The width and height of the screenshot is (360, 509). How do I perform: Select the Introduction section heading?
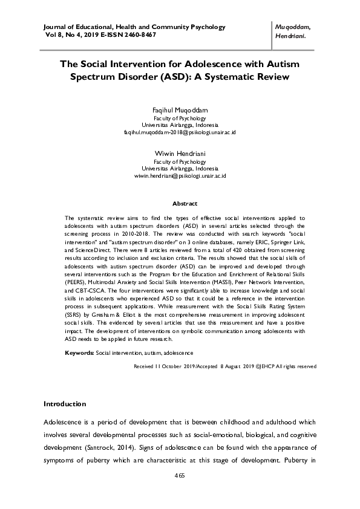(x=65, y=404)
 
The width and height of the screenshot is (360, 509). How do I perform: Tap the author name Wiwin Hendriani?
(x=180, y=154)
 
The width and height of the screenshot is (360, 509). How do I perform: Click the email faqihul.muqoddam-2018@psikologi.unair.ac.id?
(x=180, y=132)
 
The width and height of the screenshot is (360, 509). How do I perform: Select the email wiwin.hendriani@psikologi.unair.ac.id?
(x=180, y=175)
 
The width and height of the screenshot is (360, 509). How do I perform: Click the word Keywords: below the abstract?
(x=79, y=352)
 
